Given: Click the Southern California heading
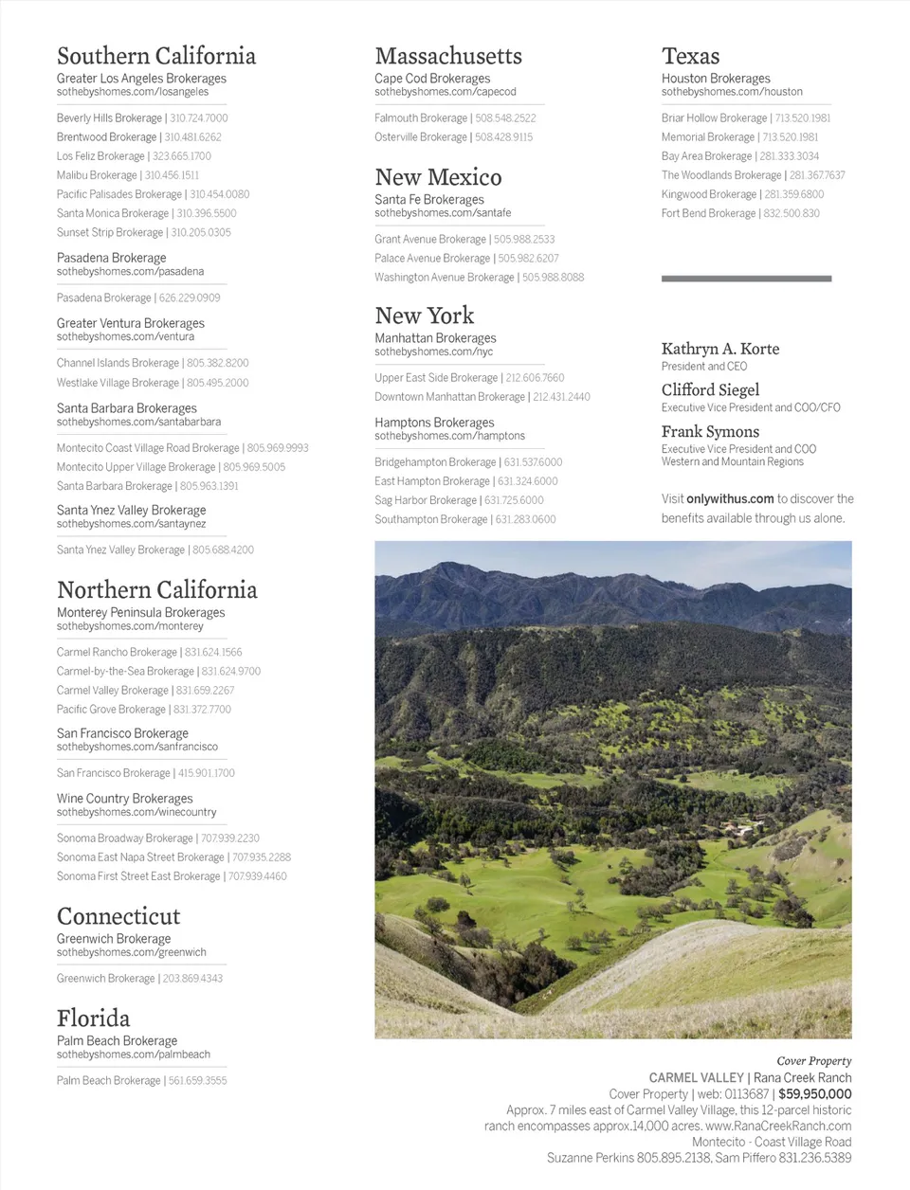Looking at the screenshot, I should [155, 56].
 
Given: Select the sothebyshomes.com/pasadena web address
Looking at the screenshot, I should [130, 272].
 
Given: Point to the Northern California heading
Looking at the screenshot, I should [156, 590].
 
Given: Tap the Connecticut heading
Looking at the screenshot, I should [118, 916].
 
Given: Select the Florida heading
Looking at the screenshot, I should [93, 1019].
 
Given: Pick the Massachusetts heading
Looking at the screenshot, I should [447, 56].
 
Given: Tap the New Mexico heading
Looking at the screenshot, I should [438, 177].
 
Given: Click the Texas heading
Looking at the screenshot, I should [690, 56].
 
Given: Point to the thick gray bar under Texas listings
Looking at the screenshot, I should [746, 279].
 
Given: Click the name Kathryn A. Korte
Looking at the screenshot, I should [720, 349].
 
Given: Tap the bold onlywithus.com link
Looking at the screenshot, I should [730, 498].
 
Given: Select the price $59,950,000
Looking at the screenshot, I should [814, 1093].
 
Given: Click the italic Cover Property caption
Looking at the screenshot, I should [813, 1061].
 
